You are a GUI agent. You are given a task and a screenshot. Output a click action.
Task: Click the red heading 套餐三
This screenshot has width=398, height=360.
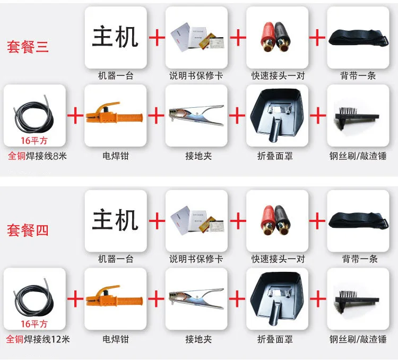(x=28, y=47)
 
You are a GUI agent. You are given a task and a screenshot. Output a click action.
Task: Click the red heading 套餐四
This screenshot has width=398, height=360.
(x=28, y=230)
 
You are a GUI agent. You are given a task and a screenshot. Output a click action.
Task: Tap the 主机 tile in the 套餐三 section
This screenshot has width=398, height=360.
(x=116, y=37)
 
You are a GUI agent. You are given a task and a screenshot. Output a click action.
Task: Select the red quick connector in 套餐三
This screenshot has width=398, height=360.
(x=268, y=37)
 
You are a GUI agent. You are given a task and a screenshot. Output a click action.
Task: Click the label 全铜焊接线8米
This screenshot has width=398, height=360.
(x=37, y=156)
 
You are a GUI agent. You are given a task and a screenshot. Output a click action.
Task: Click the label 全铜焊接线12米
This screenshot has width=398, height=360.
(x=38, y=339)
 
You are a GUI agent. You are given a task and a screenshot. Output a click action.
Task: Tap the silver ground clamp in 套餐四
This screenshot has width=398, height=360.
(x=196, y=298)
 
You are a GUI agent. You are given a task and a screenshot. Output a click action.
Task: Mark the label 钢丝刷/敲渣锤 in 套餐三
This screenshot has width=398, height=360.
(x=358, y=156)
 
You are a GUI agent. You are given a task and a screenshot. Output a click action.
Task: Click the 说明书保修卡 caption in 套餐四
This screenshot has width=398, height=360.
(x=196, y=259)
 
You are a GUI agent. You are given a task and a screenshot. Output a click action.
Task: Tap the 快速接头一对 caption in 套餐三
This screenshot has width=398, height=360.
(x=278, y=76)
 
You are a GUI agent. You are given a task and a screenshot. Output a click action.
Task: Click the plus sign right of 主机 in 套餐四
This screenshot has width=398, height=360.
(x=157, y=220)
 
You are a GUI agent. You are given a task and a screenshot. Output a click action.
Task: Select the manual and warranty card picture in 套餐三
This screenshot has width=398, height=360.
(x=197, y=37)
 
